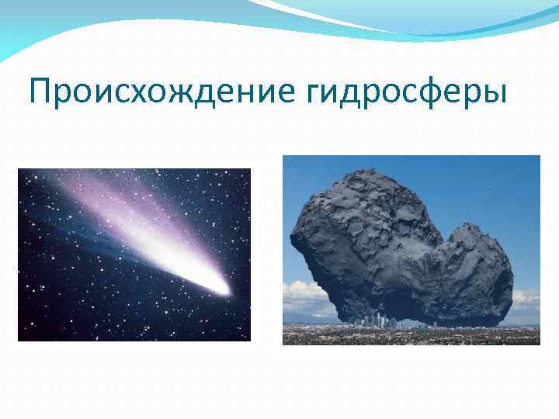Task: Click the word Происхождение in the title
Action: point(159,92)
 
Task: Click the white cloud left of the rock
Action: point(303,295)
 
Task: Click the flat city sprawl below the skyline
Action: point(411,335)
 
